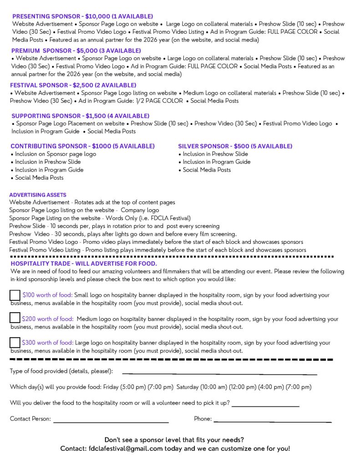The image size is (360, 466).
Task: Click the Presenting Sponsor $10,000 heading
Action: click(82, 16)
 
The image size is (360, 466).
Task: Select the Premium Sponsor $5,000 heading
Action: click(76, 51)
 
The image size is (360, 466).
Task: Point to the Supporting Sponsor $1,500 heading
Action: click(80, 116)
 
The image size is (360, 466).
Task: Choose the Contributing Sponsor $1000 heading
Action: click(82, 146)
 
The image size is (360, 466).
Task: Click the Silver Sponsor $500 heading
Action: click(235, 146)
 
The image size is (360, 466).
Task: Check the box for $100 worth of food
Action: click(15, 295)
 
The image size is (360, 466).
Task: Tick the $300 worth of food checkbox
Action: click(15, 342)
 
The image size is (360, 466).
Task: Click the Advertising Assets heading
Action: click(38, 195)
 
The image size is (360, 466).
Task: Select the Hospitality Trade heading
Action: click(84, 263)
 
